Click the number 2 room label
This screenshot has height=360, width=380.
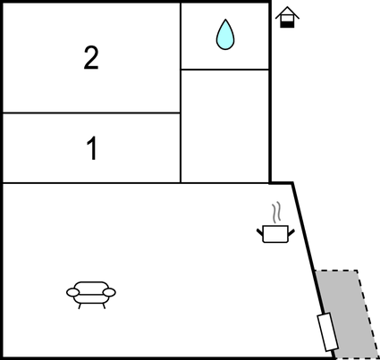click(91, 58)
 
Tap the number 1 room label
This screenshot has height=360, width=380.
click(92, 148)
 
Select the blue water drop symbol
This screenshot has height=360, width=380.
click(225, 35)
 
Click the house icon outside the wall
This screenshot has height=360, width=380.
click(287, 17)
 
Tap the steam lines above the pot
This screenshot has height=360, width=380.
click(276, 213)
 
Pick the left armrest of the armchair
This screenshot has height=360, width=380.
click(73, 292)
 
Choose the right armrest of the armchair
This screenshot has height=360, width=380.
click(109, 292)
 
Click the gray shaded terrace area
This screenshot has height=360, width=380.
click(347, 314)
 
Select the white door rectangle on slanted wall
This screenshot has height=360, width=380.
click(327, 331)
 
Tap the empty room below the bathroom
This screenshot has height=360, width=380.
click(225, 126)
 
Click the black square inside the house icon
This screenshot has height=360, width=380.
click(287, 25)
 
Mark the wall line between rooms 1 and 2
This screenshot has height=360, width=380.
click(91, 113)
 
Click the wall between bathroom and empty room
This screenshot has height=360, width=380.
click(225, 70)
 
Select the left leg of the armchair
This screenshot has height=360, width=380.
click(80, 306)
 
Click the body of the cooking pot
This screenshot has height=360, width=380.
click(275, 234)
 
